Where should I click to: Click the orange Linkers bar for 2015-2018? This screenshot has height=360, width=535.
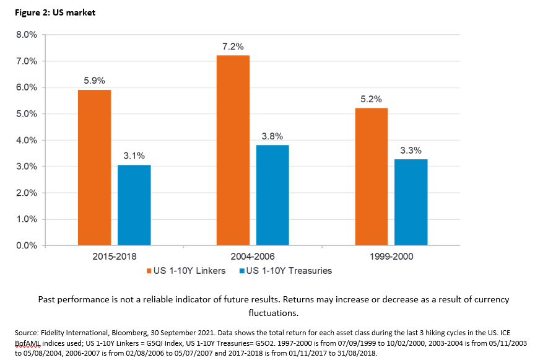tap(94, 167)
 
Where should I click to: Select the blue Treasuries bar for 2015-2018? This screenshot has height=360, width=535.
tap(134, 205)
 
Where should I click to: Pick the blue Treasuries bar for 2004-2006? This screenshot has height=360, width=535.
tap(272, 195)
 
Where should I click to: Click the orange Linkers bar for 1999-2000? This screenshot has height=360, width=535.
tap(372, 177)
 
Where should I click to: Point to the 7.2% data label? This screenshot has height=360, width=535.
tap(233, 46)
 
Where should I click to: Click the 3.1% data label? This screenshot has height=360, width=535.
tap(134, 156)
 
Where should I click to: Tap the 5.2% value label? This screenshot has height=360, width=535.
tap(372, 99)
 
